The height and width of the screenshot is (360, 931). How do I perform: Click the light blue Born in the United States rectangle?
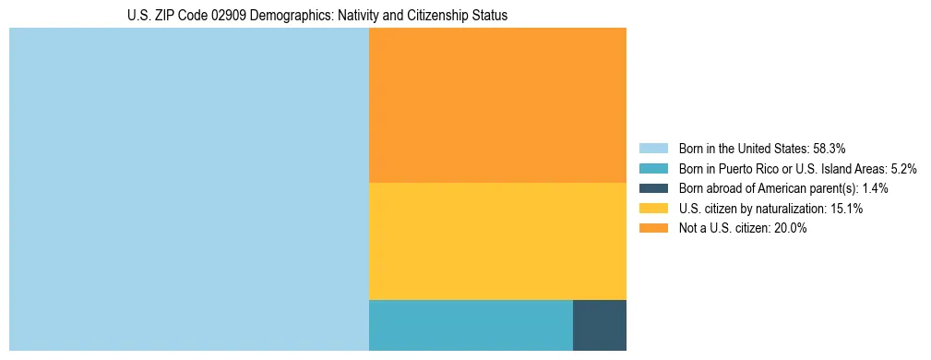188,189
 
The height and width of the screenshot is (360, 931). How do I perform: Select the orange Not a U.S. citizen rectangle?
497,105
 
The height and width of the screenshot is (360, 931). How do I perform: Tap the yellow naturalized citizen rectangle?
497,241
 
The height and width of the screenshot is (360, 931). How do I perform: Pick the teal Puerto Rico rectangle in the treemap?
471,325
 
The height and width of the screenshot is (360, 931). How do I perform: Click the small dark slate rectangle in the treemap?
600,325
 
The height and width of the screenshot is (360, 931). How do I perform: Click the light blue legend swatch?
653,148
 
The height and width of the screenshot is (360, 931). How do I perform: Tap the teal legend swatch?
653,168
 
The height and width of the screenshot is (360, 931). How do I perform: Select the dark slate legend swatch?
653,188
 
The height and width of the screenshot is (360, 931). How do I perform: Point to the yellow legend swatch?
653,209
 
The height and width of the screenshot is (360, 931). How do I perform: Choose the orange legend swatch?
653,229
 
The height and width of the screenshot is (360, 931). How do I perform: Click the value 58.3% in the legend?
830,148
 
